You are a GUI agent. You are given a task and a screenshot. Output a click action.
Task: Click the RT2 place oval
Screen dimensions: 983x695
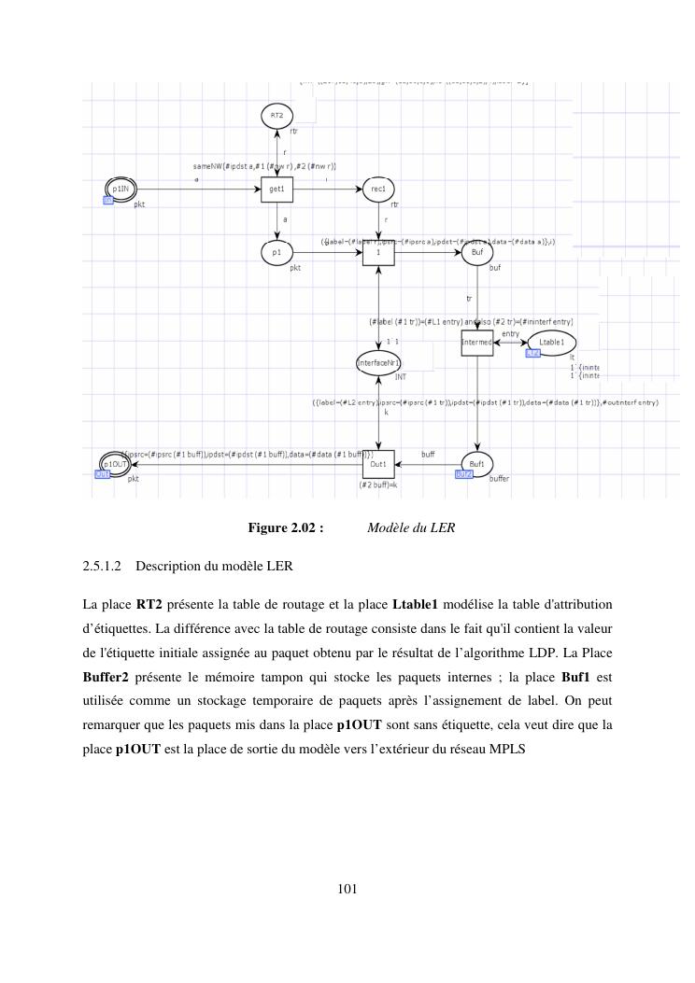(x=277, y=116)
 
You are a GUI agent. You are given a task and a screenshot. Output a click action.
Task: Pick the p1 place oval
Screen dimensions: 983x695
(x=277, y=252)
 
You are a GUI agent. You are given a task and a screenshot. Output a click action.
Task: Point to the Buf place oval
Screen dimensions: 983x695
(x=477, y=252)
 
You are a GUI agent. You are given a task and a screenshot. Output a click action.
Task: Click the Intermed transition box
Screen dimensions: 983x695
(x=477, y=343)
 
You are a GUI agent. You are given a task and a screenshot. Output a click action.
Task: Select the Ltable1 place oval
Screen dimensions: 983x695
(x=551, y=343)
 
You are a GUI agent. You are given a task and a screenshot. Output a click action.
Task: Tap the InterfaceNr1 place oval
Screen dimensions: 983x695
(x=378, y=362)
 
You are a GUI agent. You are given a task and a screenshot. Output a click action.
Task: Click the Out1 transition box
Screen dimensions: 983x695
(x=378, y=463)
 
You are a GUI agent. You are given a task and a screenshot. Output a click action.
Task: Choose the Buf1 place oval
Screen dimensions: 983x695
(x=476, y=463)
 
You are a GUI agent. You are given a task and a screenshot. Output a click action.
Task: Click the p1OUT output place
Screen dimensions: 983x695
(x=115, y=463)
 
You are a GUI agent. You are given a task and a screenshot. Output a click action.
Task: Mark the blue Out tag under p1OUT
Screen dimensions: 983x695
(x=103, y=474)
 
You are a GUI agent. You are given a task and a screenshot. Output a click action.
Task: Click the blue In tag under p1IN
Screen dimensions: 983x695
(x=108, y=200)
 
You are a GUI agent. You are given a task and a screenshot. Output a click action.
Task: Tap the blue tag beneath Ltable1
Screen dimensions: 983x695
(x=532, y=354)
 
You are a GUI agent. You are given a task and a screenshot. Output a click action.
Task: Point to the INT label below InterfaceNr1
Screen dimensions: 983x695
(x=400, y=377)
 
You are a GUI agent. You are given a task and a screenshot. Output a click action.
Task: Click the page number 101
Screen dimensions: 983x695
(x=347, y=888)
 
